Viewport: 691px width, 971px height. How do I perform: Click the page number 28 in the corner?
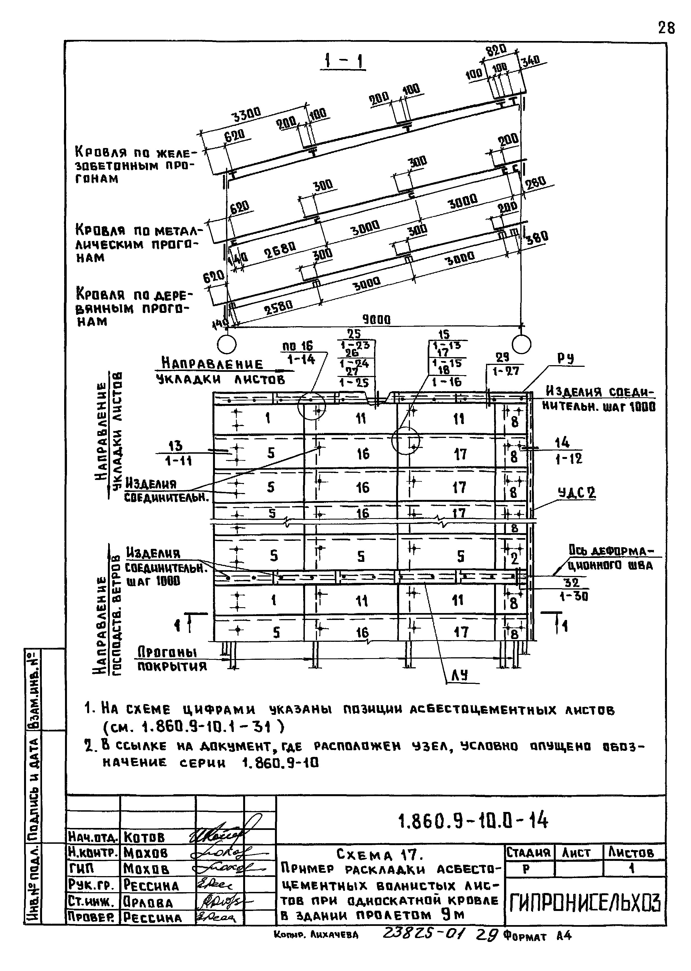point(666,28)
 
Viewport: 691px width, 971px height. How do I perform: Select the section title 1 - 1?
point(343,62)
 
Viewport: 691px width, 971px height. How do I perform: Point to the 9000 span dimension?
point(376,320)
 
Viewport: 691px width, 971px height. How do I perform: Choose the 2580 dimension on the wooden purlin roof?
point(279,307)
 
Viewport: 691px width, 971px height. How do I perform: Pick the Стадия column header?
point(528,853)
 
